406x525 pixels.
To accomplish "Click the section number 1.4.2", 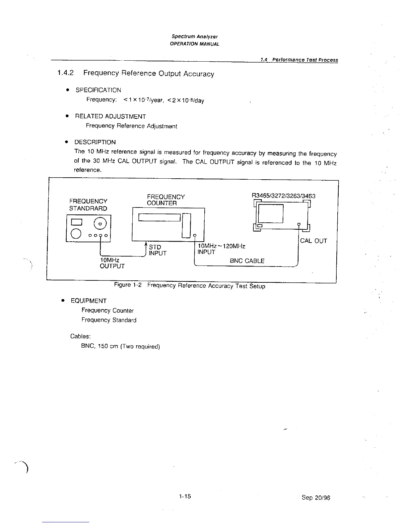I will point(65,73).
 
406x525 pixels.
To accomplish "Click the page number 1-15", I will point(185,496).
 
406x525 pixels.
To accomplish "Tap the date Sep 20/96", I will point(316,497).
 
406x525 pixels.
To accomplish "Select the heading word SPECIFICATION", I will point(98,90).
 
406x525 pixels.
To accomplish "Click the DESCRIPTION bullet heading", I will point(95,142).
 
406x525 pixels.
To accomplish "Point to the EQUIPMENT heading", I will point(89,301).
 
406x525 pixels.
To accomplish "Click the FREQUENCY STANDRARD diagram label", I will point(88,205).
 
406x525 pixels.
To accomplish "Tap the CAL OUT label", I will point(313,241).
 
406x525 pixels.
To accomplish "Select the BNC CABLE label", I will point(247,261).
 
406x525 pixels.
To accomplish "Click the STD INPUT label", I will point(157,250).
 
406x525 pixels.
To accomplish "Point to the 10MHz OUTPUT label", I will point(112,263).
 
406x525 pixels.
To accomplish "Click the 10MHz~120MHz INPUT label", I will point(221,249).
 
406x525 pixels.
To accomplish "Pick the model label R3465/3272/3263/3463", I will point(284,196).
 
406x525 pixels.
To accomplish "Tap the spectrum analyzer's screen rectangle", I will point(271,213).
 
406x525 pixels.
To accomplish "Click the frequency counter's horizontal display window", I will point(159,217).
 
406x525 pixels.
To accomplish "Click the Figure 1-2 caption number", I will point(128,285).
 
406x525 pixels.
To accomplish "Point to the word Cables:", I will point(80,336).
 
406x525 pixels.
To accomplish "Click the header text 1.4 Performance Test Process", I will point(299,60).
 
